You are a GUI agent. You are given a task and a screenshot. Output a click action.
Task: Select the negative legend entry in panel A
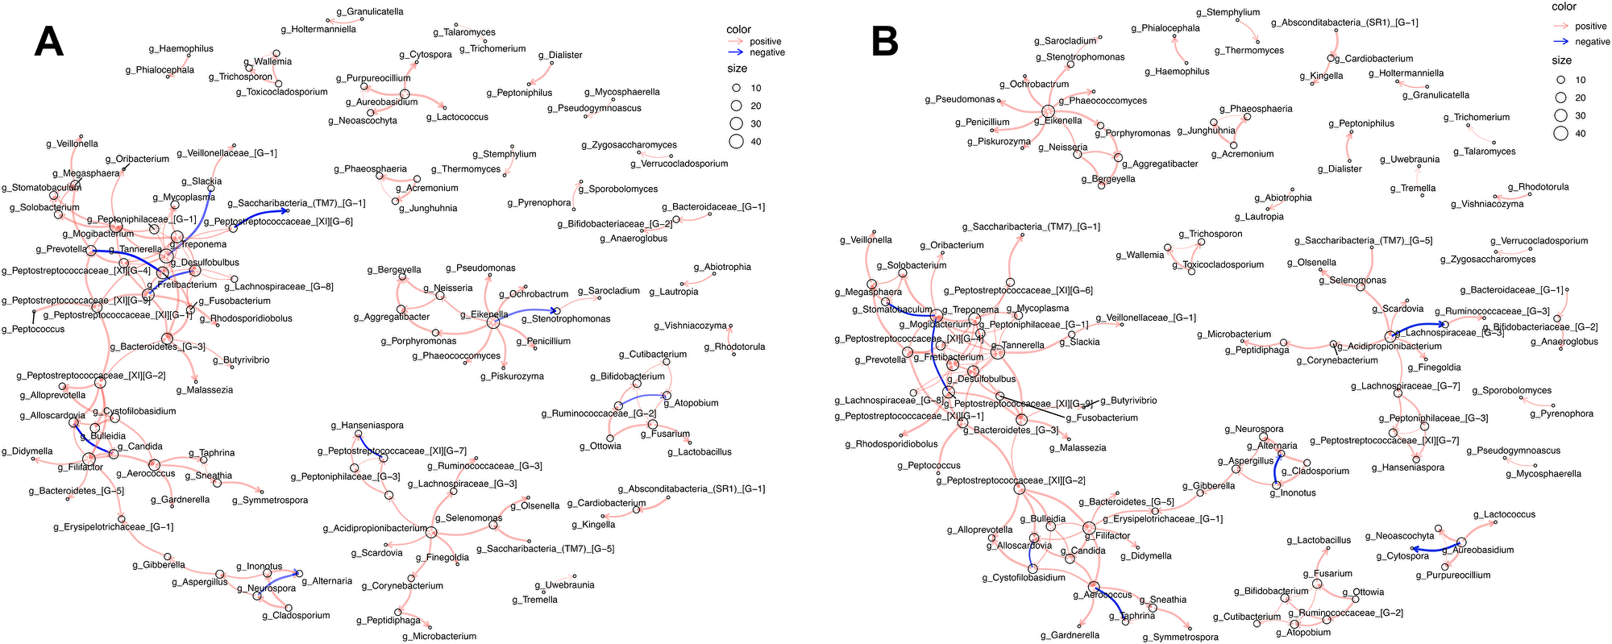tap(767, 52)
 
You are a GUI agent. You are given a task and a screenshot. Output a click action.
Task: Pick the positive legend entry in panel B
tap(1590, 27)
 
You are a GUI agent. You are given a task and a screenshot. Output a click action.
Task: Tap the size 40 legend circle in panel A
tap(736, 142)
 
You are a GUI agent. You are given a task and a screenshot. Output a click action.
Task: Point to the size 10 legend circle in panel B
tap(1560, 81)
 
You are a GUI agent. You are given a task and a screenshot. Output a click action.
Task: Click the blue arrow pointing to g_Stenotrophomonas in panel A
tap(528, 312)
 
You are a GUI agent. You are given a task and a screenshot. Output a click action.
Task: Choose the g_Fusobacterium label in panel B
tap(1102, 418)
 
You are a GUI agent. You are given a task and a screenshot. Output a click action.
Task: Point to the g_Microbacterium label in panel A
tap(439, 637)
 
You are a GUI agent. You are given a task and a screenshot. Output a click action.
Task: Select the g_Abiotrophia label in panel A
tap(722, 268)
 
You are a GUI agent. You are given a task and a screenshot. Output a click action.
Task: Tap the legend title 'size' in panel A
tap(737, 69)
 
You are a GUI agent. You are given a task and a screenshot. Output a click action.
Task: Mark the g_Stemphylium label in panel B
tap(1228, 13)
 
